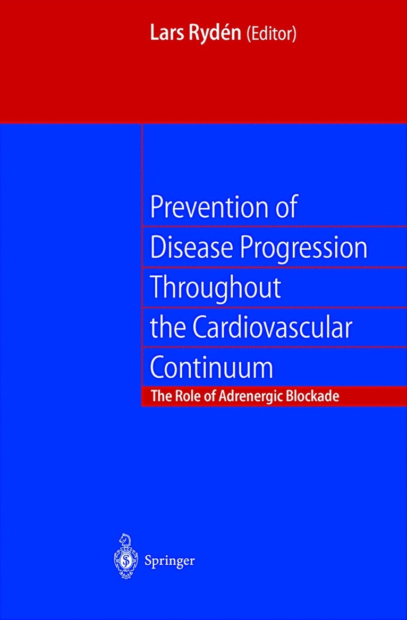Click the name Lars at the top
tap(166, 35)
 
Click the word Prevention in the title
tap(205, 208)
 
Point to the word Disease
tap(185, 248)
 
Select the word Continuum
tap(211, 367)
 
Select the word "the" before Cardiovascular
tap(166, 328)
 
